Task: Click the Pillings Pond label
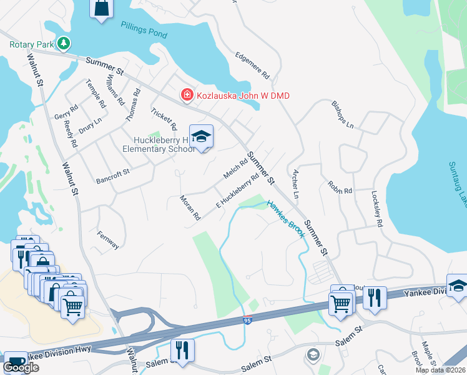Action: point(144,29)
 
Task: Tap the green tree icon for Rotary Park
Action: point(62,44)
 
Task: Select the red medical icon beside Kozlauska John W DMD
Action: point(186,95)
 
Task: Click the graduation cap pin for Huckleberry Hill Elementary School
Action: point(202,137)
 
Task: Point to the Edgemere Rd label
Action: point(252,65)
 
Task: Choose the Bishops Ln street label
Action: point(343,114)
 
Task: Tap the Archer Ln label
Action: point(292,184)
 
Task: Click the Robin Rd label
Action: point(340,187)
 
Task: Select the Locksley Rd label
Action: point(376,208)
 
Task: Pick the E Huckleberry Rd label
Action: point(237,189)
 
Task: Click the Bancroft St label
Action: point(112,176)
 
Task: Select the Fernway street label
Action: point(108,240)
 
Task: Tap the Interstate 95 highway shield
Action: point(248,320)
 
